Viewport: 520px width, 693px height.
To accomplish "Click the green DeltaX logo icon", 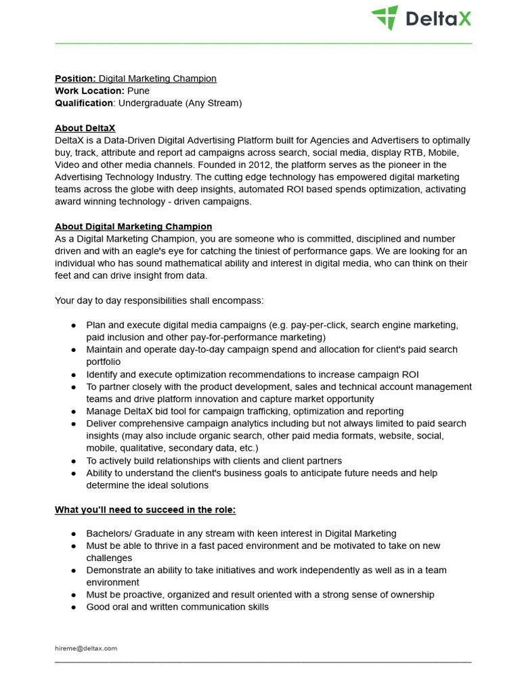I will click(385, 18).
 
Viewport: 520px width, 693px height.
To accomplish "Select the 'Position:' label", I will click(75, 79).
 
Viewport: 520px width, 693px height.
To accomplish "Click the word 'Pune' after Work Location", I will click(138, 91).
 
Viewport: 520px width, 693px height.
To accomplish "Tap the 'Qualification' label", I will click(84, 103).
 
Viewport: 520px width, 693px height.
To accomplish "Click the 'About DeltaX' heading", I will click(85, 128).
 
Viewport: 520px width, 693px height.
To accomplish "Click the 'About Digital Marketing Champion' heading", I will click(133, 227).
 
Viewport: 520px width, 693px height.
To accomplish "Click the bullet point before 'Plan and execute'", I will click(73, 326).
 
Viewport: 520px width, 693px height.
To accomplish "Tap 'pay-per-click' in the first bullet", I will click(320, 325).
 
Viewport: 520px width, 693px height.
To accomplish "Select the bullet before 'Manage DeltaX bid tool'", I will click(73, 411).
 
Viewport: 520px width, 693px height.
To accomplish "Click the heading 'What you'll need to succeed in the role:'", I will click(146, 510).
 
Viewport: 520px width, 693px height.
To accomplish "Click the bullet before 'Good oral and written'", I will click(73, 607).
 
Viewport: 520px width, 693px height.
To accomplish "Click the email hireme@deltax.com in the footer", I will click(86, 648).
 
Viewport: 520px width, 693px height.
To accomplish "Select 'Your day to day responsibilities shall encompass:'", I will click(159, 300).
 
